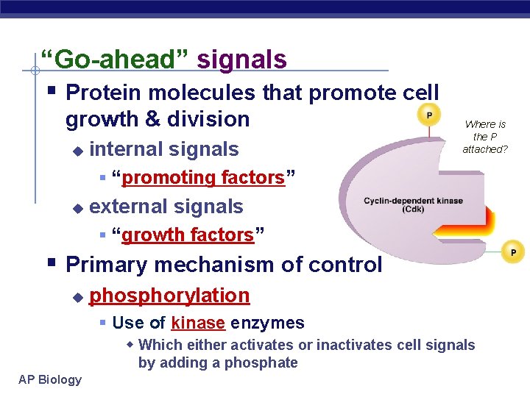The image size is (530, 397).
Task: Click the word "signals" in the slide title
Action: [242, 59]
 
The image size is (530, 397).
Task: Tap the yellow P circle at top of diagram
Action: [428, 115]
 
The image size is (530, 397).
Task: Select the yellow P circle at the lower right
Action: [513, 252]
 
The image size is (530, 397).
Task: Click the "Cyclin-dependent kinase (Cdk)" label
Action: [403, 204]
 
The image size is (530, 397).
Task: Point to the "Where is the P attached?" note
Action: [485, 137]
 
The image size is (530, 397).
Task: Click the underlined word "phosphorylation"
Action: [169, 296]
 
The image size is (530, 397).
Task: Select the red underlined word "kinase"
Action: [197, 323]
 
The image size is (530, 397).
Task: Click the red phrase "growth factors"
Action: [188, 235]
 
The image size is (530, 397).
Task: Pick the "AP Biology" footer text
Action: [51, 379]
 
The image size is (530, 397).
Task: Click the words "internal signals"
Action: [163, 149]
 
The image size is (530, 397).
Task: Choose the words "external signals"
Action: [166, 207]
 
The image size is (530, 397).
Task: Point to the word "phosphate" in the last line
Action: [261, 362]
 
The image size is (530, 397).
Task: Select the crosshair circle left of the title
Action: [34, 71]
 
